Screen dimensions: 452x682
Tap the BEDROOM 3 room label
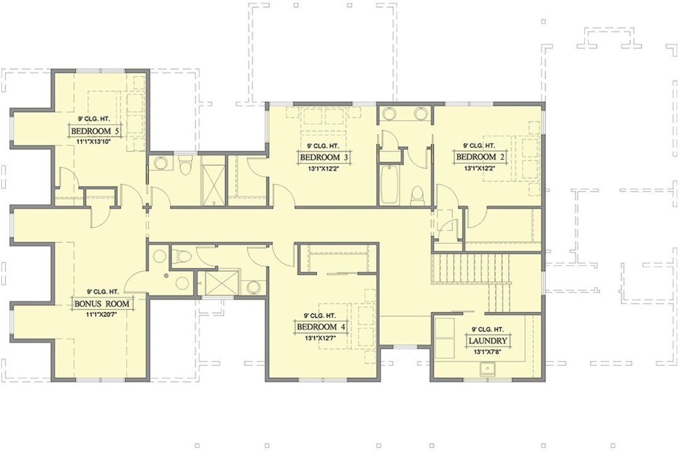(324, 158)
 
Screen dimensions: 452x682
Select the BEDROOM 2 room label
(480, 157)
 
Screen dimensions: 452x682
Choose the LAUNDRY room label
(488, 341)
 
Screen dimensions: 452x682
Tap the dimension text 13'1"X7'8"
(488, 352)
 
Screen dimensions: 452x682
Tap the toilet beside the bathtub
(418, 195)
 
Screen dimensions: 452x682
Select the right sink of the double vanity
(421, 113)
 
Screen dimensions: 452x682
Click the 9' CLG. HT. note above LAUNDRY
(488, 330)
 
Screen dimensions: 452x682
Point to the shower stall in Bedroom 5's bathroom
(213, 180)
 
